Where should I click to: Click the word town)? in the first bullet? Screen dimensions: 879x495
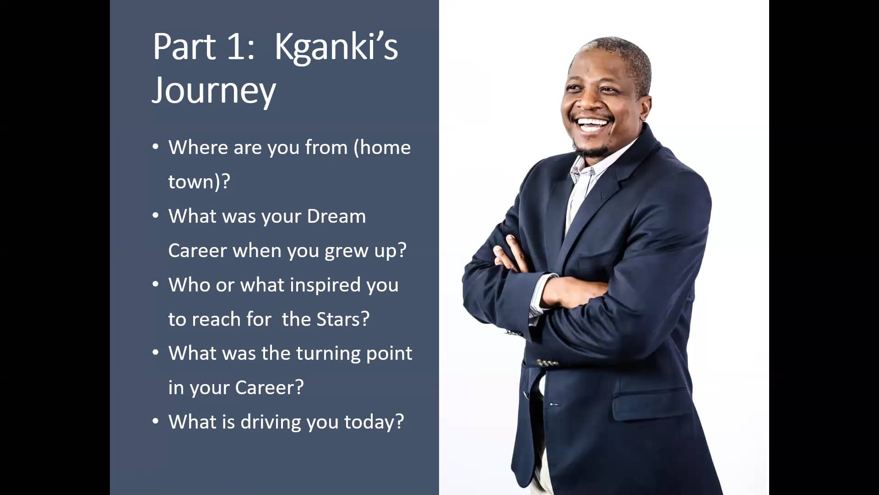pos(199,182)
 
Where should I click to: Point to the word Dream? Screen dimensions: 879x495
pos(336,216)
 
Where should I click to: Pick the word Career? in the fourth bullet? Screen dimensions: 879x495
pos(270,388)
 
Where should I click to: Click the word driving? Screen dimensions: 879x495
pos(271,423)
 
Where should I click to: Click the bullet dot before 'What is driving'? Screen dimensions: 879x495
pos(156,421)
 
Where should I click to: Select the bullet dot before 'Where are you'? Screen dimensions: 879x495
pos(156,147)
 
